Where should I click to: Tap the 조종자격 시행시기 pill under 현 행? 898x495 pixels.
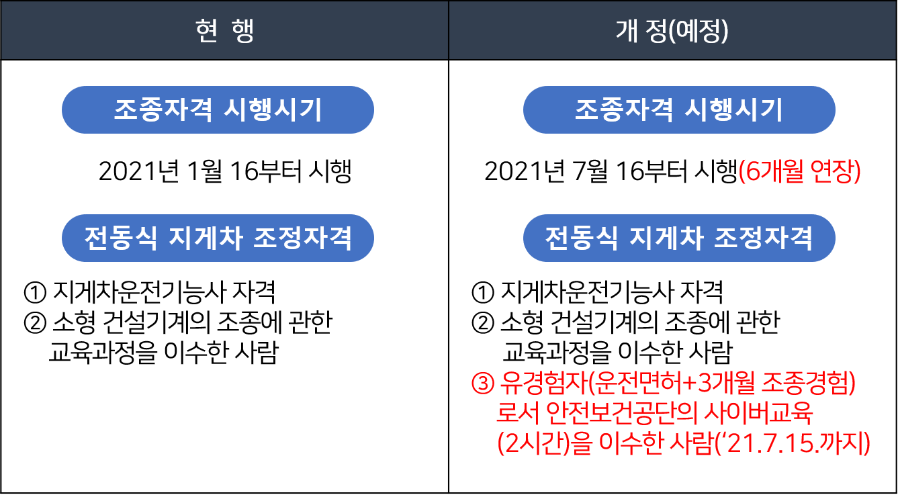click(218, 110)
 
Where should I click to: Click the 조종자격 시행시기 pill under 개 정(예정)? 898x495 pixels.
click(678, 110)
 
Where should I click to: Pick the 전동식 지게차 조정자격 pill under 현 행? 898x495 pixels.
click(218, 238)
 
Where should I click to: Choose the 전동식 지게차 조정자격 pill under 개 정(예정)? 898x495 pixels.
click(678, 238)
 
